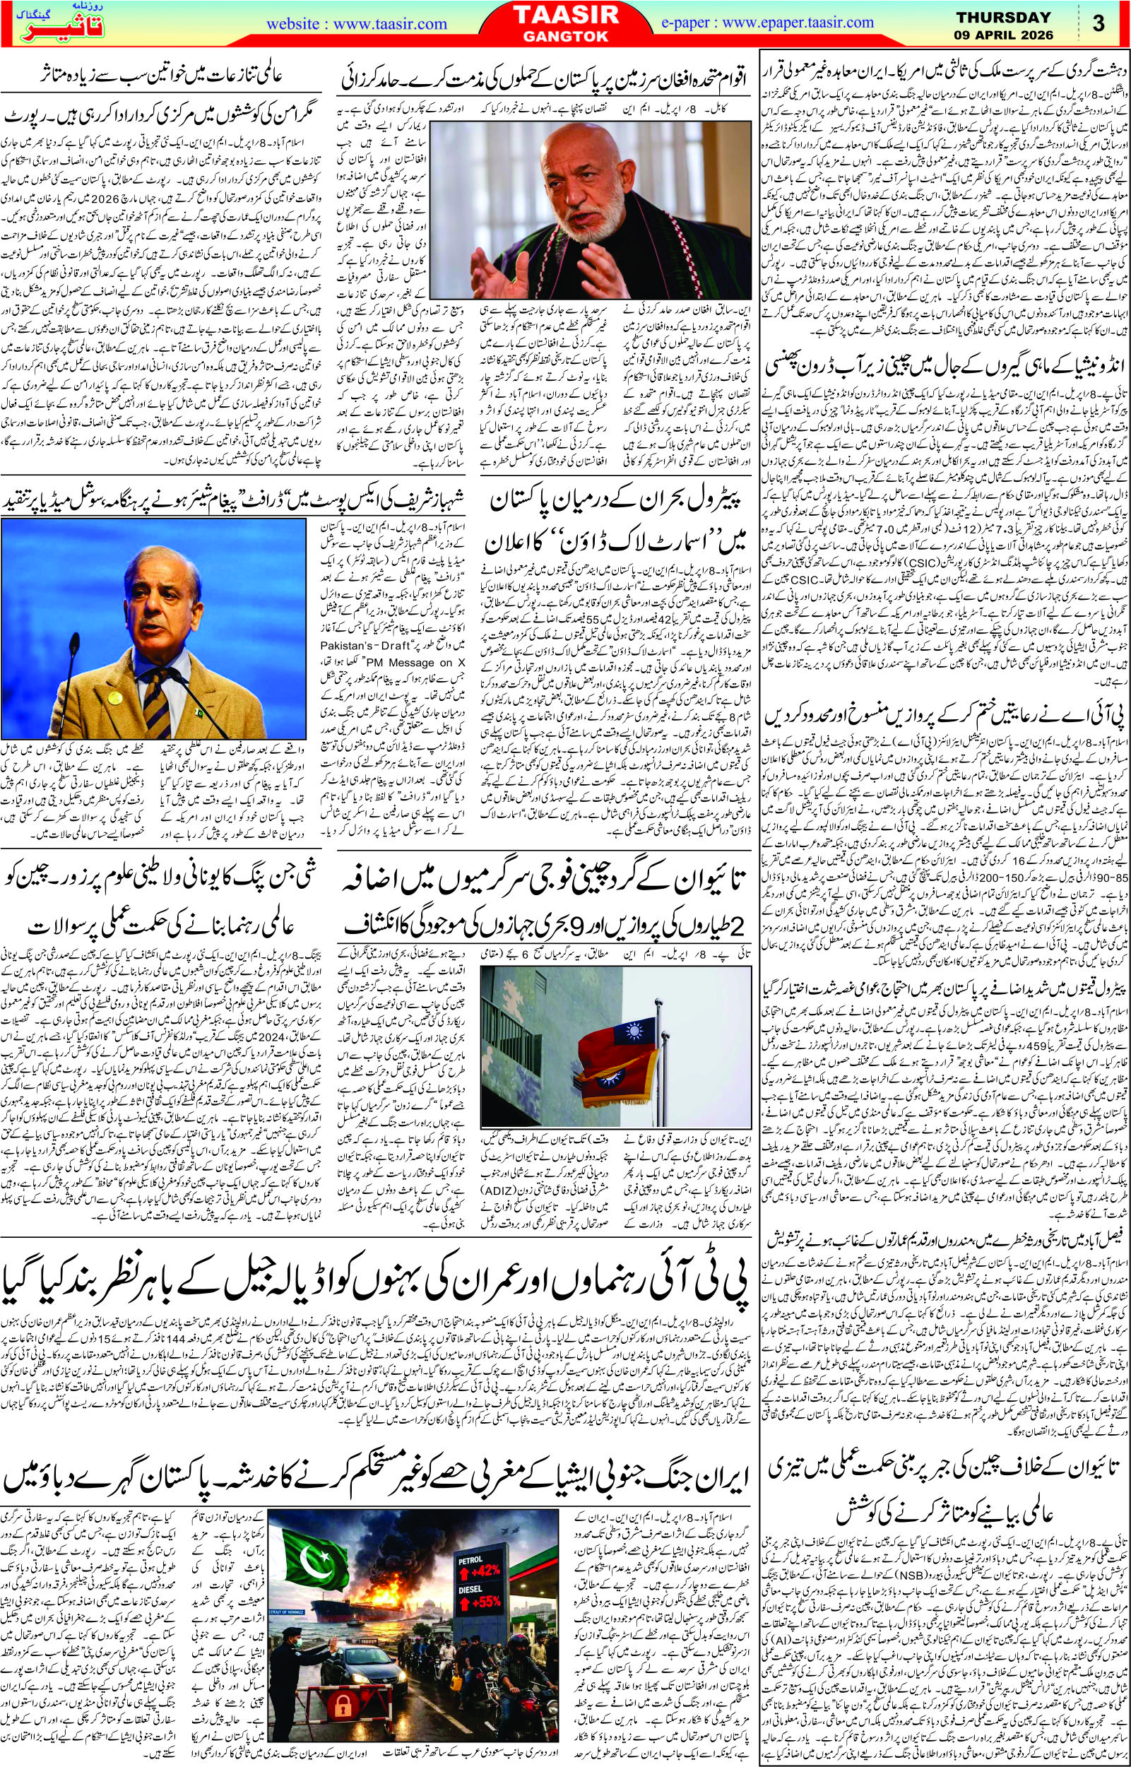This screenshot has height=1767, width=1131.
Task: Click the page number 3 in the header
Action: pos(1099,23)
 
